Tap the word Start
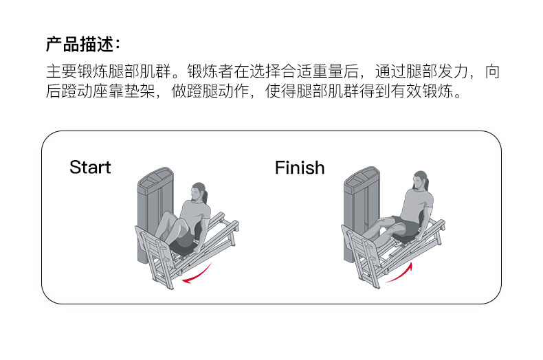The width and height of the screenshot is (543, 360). coord(90,168)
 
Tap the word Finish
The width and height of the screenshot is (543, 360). coord(299,168)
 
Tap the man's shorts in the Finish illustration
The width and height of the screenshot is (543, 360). coord(408,229)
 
